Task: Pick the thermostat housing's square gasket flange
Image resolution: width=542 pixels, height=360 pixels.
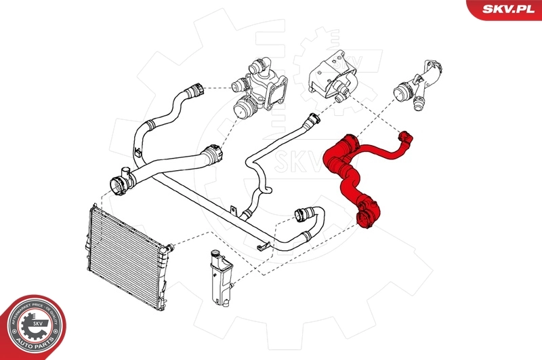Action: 274,94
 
